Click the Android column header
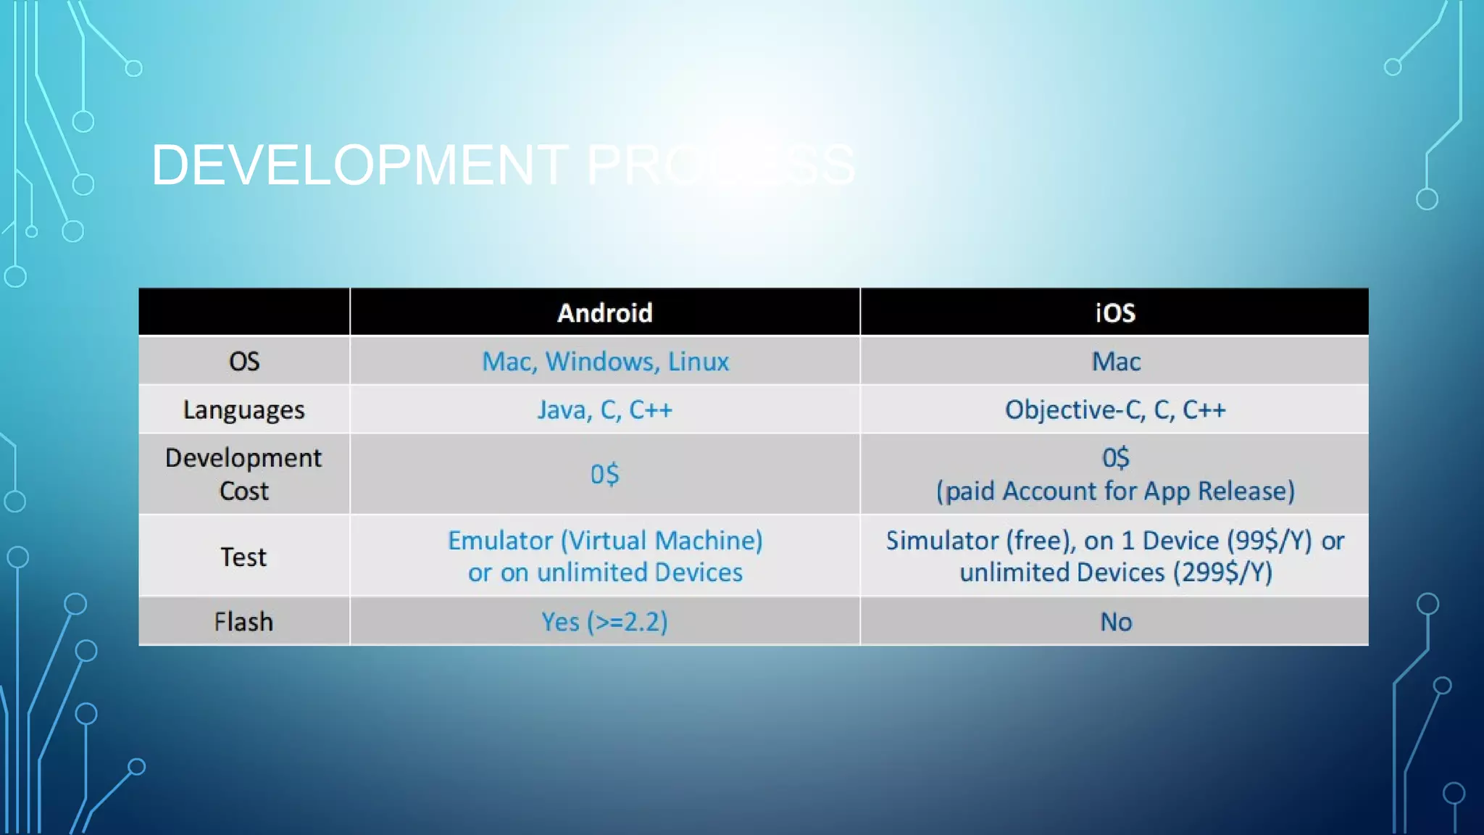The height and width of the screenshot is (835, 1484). coord(605,313)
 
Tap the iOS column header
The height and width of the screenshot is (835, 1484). coord(1115,313)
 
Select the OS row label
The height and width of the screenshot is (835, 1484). coord(244,361)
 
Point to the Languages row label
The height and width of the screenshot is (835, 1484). coord(244,410)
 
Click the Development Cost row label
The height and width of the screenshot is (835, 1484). coord(244,474)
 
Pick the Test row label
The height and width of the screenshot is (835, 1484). coord(244,557)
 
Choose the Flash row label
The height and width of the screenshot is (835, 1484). coord(244,622)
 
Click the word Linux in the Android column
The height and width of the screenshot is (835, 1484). coord(699,361)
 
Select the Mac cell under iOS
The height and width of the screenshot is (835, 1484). coord(1116,361)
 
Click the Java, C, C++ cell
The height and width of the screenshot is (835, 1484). coord(605,410)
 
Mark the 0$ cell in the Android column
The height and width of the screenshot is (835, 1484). coord(605,474)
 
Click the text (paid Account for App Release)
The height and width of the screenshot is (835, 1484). coord(1115,491)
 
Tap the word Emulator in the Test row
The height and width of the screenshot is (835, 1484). coord(501,541)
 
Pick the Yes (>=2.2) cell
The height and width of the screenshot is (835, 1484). coord(605,622)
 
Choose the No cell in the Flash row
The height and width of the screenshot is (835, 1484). coord(1116,622)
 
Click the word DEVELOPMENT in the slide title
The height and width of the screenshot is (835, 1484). coord(359,165)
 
